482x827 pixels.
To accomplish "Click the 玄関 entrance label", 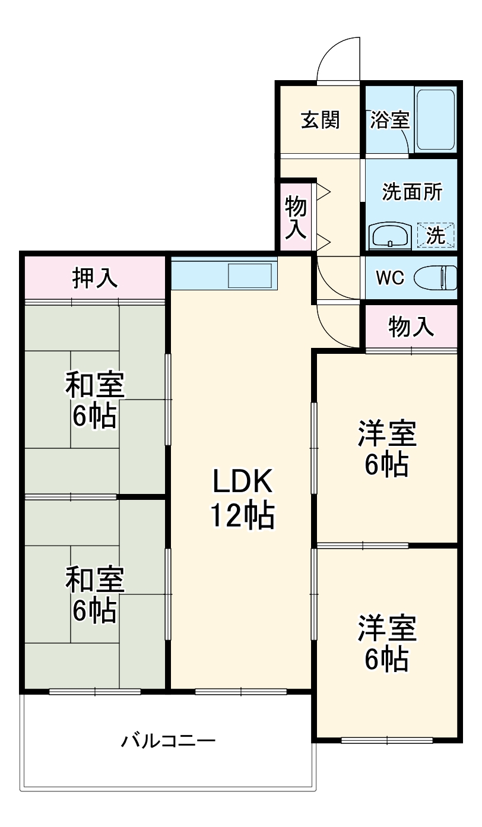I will tap(321, 120).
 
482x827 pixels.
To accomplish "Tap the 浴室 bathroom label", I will tap(389, 120).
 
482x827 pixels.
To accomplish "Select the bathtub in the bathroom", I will tap(436, 119).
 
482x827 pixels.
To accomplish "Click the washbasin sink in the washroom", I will tap(389, 236).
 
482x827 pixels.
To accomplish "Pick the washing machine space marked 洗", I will tap(436, 235).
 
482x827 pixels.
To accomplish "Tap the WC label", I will tap(389, 277).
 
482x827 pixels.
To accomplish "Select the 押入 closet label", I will tap(94, 277).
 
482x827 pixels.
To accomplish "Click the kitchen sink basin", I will tap(250, 276).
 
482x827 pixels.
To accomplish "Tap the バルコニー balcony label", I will tap(169, 741).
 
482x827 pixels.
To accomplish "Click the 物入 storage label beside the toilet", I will tap(411, 326).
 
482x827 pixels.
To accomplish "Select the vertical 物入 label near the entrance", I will tap(296, 218).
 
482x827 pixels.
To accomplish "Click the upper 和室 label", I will tap(94, 385).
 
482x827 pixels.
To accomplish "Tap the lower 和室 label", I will tap(94, 579).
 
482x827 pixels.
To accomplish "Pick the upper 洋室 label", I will tap(386, 434).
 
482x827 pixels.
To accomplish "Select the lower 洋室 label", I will tap(386, 628).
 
